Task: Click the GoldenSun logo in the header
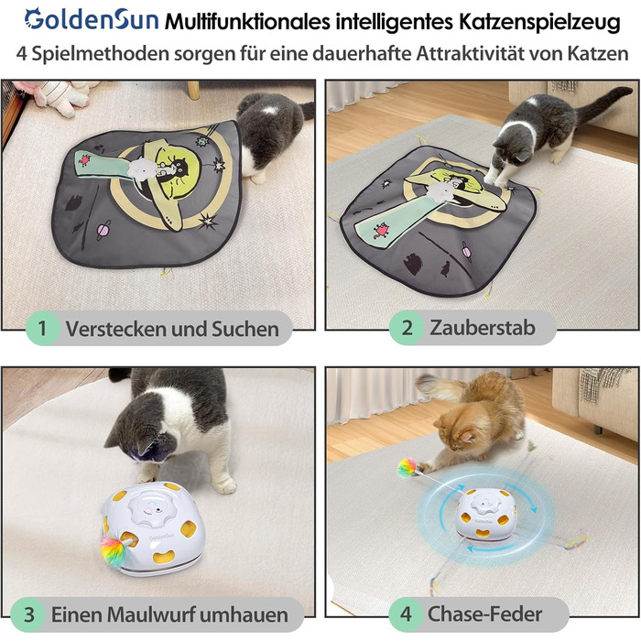point(92,19)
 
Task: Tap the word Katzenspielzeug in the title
point(539,22)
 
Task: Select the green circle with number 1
point(42,328)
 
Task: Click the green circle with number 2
point(407,328)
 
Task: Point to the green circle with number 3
point(28,614)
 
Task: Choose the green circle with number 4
point(406,614)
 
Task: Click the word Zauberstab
point(483,328)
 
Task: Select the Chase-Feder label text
point(484,614)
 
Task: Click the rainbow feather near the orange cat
point(407,468)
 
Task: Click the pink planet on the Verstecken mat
point(103,230)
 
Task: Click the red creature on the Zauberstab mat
point(382,230)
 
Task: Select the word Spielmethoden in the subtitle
point(100,53)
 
